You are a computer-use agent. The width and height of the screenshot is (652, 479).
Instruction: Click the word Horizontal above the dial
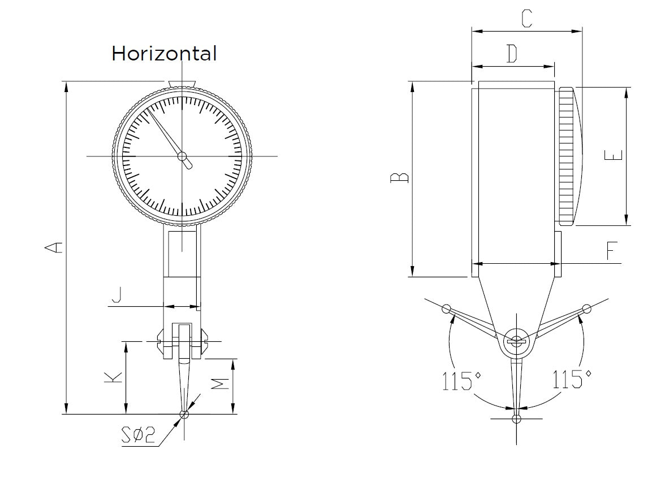(x=164, y=54)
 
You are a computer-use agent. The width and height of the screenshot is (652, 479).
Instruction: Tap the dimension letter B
(x=400, y=178)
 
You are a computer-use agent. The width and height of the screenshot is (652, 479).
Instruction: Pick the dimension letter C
(x=526, y=19)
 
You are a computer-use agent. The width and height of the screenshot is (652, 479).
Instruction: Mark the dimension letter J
(x=116, y=295)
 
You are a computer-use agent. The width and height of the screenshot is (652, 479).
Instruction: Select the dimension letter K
(x=114, y=378)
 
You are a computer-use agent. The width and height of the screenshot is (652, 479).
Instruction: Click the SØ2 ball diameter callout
(x=137, y=436)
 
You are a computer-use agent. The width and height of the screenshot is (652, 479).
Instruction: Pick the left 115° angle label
(x=457, y=380)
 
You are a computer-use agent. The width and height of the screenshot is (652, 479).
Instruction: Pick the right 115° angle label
(x=572, y=378)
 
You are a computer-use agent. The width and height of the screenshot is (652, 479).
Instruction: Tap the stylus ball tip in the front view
(x=183, y=415)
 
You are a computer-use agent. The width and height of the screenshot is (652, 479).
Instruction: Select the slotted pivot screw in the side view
(x=516, y=341)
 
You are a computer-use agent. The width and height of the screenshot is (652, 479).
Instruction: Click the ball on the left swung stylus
(x=446, y=308)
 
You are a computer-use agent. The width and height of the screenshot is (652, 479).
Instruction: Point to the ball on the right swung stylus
(x=587, y=308)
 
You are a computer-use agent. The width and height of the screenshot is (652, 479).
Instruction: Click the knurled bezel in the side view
(x=567, y=156)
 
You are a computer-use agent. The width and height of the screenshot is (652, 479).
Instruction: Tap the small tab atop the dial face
(x=182, y=84)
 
